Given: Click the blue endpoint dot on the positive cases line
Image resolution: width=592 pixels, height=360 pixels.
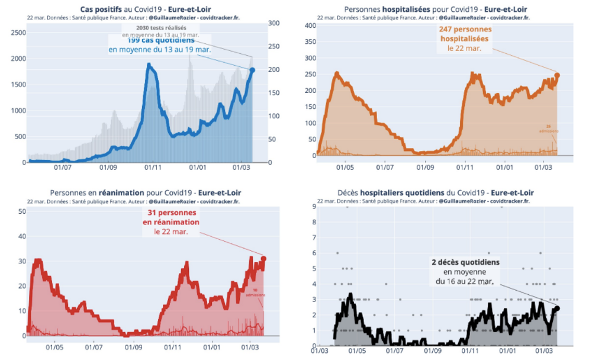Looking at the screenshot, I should click(x=252, y=70).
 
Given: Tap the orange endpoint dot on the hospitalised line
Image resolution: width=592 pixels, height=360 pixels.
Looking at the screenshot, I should click(x=557, y=75).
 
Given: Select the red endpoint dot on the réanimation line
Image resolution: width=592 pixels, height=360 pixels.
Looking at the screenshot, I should click(x=263, y=259).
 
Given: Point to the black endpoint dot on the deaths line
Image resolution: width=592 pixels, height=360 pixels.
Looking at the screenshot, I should click(x=557, y=308).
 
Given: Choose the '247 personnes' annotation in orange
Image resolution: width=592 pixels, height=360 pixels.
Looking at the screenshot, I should click(x=465, y=29).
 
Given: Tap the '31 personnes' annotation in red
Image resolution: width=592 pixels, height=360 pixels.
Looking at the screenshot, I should click(x=172, y=213).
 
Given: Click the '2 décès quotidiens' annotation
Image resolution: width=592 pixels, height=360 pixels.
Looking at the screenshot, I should click(x=465, y=262).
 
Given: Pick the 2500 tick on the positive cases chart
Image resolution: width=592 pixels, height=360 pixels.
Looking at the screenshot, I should click(x=18, y=33).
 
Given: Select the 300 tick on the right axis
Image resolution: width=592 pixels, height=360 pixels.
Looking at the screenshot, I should click(x=273, y=24).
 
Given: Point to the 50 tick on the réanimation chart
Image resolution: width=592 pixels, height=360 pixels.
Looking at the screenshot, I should click(x=22, y=211).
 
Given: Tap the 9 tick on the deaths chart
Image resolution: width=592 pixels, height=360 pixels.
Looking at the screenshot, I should click(x=313, y=207).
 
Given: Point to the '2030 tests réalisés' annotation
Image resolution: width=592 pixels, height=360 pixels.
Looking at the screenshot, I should click(x=160, y=28).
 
